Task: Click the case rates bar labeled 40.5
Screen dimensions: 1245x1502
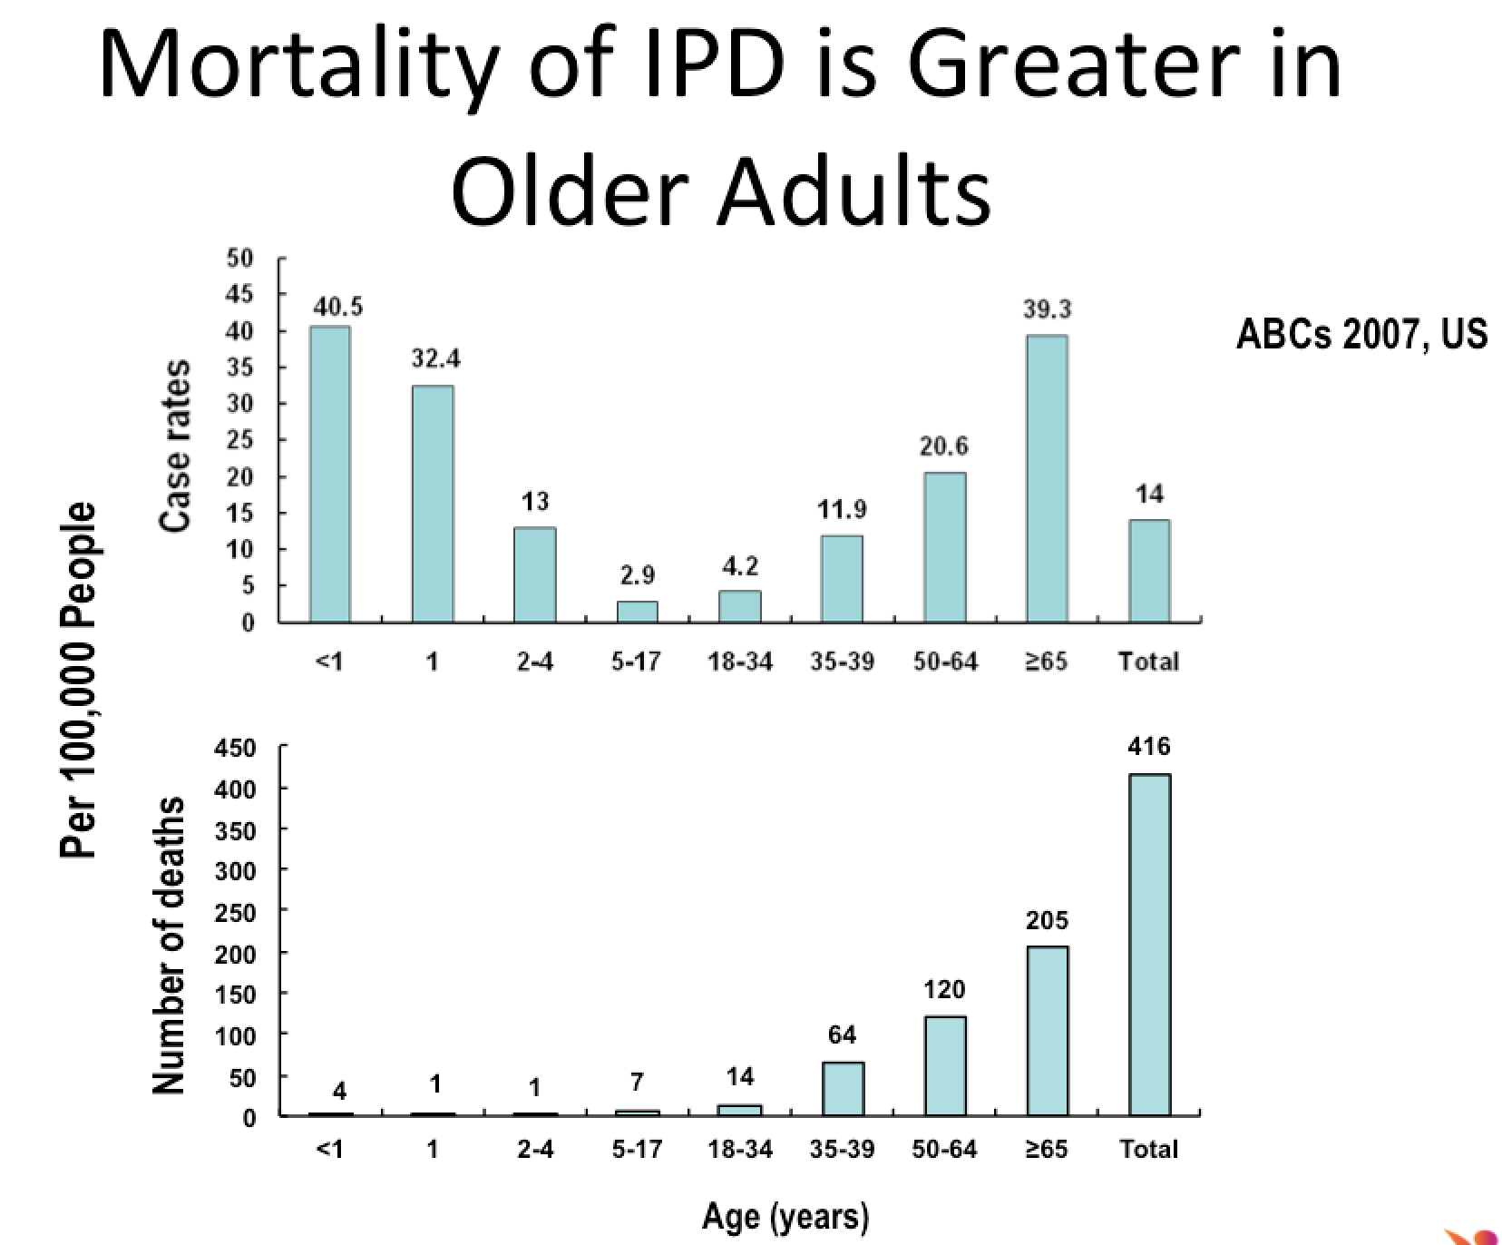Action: (x=330, y=474)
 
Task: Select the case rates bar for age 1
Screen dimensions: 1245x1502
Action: (x=433, y=504)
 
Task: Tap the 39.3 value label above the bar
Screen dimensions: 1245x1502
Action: (x=1047, y=309)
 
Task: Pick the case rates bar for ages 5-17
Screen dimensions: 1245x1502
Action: (x=638, y=612)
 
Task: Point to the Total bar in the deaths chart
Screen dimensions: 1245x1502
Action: (x=1149, y=944)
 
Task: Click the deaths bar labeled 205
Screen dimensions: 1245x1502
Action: (x=1047, y=1030)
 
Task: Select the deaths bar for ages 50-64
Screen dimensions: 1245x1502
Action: (x=945, y=1065)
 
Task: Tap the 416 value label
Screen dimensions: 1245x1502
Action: (x=1149, y=747)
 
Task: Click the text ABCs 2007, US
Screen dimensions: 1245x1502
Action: (x=1361, y=335)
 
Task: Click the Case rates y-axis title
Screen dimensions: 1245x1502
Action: (x=174, y=445)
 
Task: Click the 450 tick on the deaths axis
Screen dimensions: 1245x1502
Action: (x=235, y=749)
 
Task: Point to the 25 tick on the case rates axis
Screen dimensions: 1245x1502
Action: (x=239, y=441)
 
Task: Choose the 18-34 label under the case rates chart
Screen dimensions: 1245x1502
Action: (x=740, y=662)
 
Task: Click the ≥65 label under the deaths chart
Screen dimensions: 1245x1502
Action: (x=1047, y=1150)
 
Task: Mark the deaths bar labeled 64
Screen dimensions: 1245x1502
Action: (x=843, y=1088)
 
